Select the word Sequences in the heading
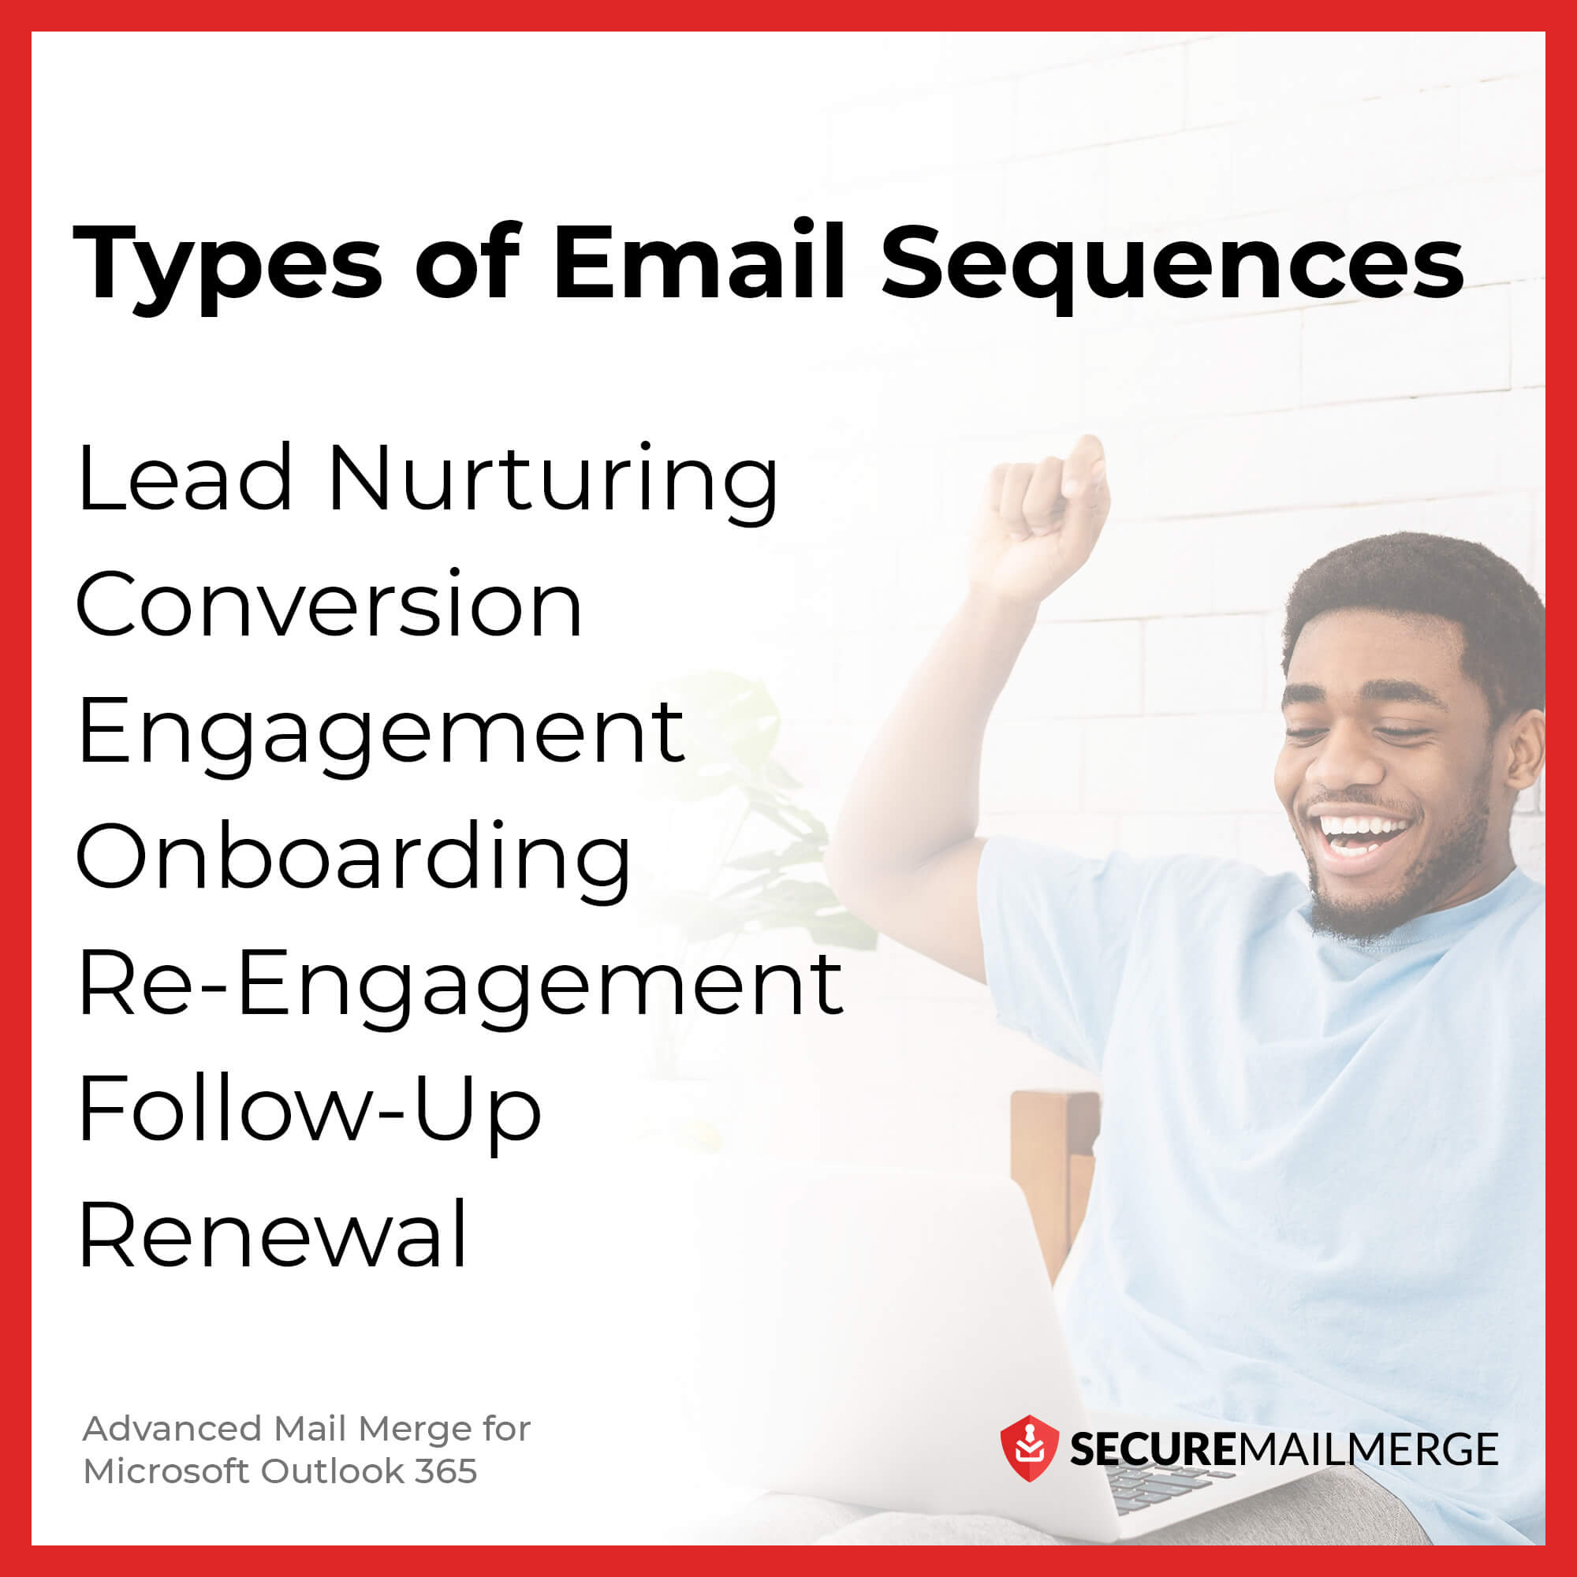tap(1172, 265)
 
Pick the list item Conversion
tap(329, 606)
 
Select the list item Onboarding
tap(353, 859)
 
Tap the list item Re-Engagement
tap(460, 985)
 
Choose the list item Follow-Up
tap(309, 1110)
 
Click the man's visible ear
tap(1525, 747)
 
